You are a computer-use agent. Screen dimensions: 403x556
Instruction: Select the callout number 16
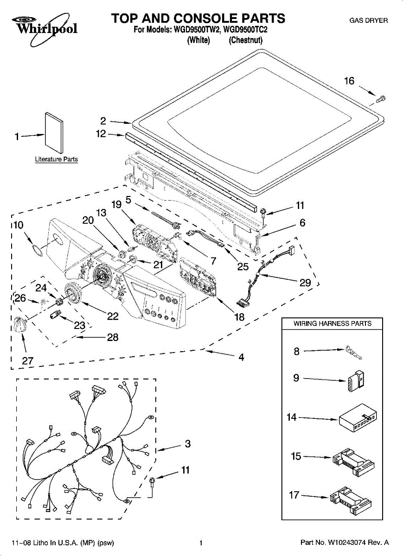[x=349, y=81]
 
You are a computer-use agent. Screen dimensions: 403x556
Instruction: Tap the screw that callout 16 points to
[x=380, y=99]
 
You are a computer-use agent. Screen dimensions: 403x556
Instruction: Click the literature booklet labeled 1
[x=54, y=133]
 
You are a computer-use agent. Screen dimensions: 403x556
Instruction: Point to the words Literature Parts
[x=57, y=159]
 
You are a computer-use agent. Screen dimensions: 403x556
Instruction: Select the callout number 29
[x=305, y=283]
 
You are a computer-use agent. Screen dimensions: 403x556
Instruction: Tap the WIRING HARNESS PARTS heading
[x=332, y=323]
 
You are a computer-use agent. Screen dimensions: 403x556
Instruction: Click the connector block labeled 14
[x=358, y=418]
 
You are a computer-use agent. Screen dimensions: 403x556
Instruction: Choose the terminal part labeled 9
[x=356, y=381]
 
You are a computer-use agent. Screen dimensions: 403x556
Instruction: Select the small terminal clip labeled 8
[x=353, y=352]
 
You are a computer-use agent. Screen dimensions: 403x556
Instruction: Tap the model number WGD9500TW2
[x=197, y=30]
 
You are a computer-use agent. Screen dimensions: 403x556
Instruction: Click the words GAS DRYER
[x=369, y=20]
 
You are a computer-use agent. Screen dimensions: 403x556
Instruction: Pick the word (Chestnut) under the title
[x=245, y=40]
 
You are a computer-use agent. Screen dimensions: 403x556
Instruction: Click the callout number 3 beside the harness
[x=188, y=443]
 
